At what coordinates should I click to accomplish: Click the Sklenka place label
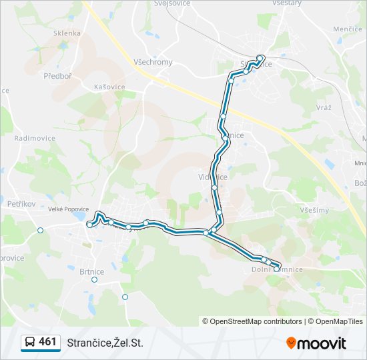point(67,33)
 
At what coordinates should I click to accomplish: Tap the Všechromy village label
point(153,62)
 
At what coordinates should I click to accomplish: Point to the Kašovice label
point(109,87)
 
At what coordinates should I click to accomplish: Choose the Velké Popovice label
point(68,209)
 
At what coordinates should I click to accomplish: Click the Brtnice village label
point(91,271)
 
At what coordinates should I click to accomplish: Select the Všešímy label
point(314,210)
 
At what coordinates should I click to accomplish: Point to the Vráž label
point(324,108)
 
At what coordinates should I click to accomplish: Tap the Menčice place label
point(347,29)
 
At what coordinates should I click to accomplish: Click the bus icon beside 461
point(30,342)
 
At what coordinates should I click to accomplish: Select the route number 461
point(47,342)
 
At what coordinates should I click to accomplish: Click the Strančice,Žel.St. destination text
point(105,343)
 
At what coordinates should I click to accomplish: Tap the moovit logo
point(316,343)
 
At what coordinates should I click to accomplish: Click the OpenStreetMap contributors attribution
point(256,321)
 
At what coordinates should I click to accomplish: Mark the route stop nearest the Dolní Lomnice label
point(277,268)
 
